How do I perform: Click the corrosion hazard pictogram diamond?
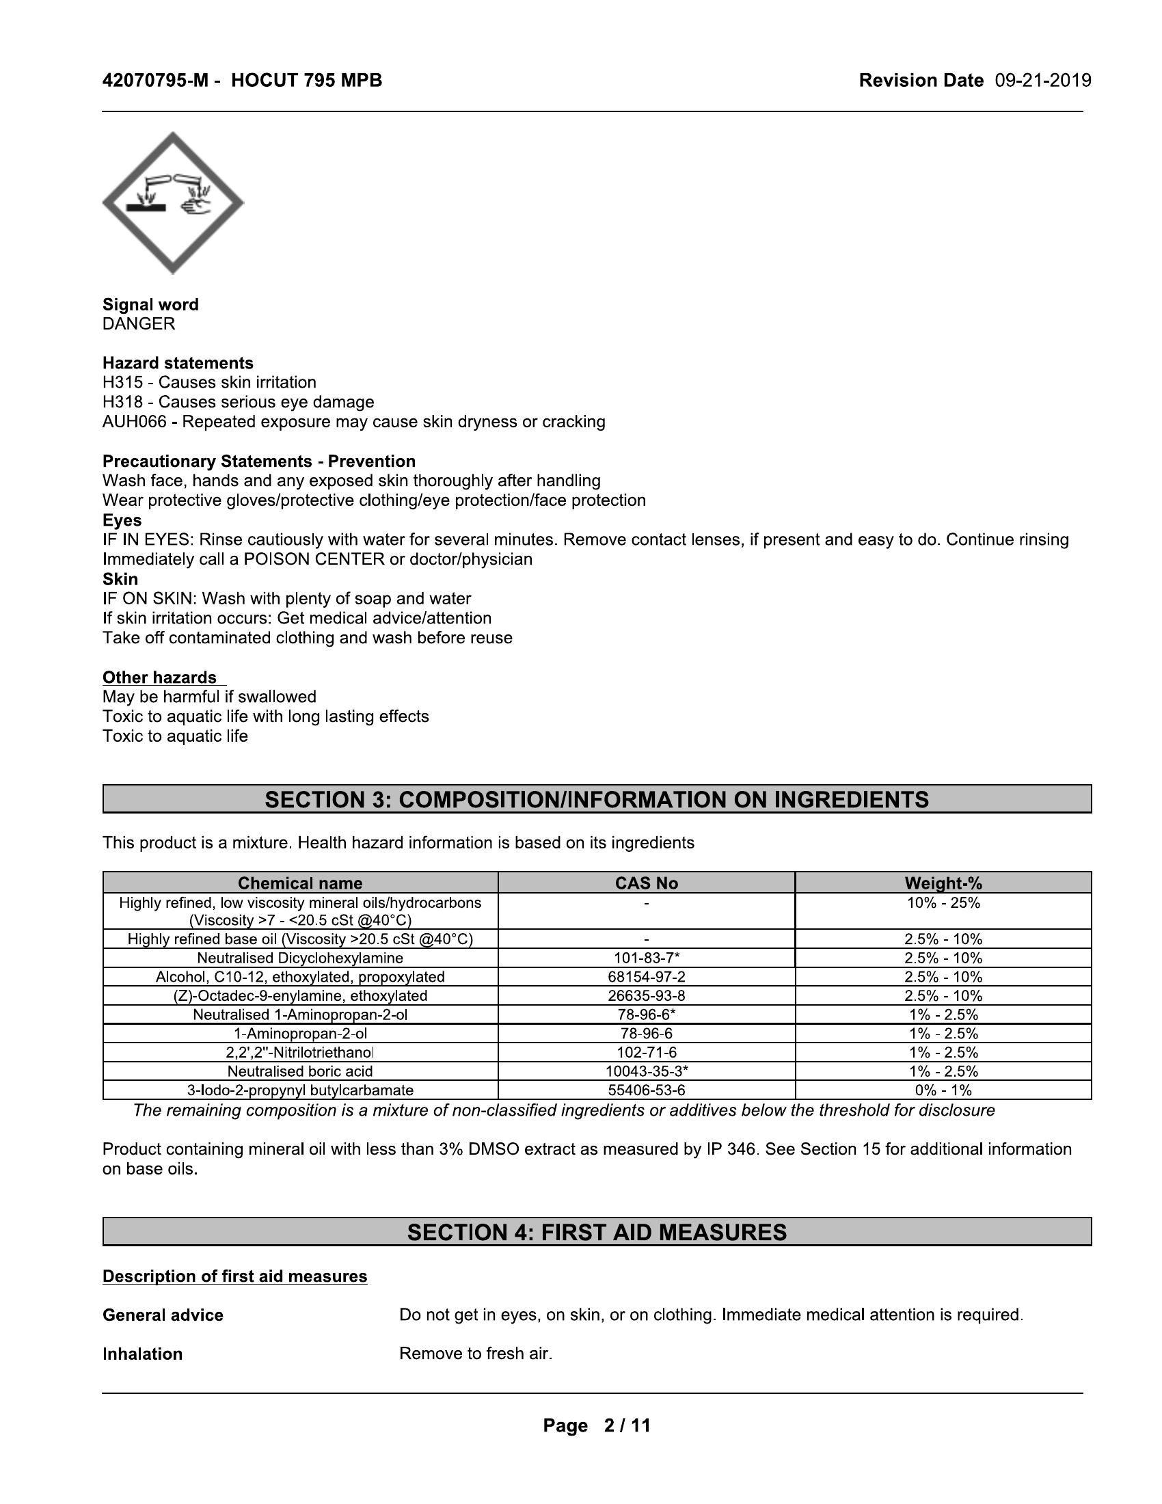tap(173, 203)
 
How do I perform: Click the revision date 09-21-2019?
tap(1043, 81)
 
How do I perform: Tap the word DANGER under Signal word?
tap(139, 323)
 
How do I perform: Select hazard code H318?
tap(122, 402)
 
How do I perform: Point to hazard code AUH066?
tap(134, 421)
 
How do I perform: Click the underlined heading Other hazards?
tap(160, 677)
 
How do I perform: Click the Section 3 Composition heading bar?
tap(597, 800)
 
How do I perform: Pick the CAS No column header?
tap(647, 883)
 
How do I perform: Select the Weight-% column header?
tap(943, 883)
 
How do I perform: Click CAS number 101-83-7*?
tap(647, 958)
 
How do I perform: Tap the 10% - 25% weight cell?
tap(943, 903)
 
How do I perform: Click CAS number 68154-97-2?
tap(647, 977)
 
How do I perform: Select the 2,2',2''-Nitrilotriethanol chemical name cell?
tap(300, 1052)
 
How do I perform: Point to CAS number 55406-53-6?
tap(647, 1090)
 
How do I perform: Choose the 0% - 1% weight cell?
tap(943, 1090)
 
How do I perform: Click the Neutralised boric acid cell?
tap(300, 1071)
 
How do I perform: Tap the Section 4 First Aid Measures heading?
tap(597, 1232)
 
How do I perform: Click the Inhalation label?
tap(142, 1354)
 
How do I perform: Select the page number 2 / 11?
tap(626, 1425)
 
